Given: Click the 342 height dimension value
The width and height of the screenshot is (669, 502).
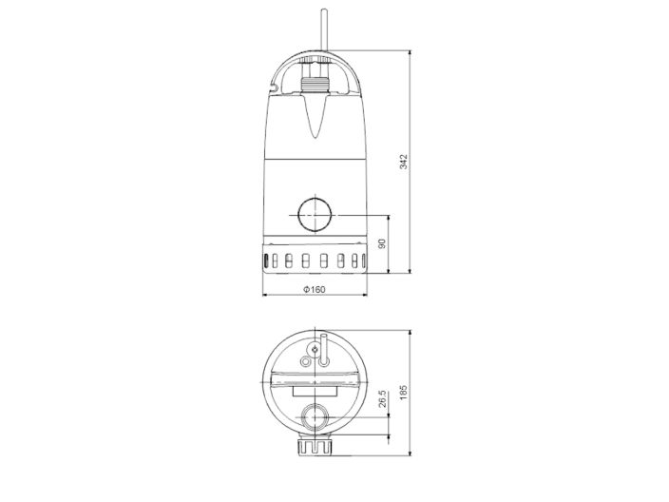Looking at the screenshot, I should (404, 162).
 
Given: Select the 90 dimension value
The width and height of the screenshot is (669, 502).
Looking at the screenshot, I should (382, 243).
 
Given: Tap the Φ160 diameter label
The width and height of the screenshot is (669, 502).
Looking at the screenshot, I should (314, 290).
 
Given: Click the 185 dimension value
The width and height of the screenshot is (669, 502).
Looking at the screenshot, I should (404, 394).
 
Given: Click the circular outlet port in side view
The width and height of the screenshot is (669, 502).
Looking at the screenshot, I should (314, 216).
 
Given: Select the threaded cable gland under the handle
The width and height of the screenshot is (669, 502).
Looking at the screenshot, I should (314, 85).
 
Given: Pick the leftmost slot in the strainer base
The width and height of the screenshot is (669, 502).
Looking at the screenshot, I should (272, 261).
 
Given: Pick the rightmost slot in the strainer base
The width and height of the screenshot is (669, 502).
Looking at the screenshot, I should (356, 261).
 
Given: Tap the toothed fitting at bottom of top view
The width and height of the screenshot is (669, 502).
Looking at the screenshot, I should (314, 448).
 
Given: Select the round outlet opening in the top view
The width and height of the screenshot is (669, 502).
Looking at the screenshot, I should (314, 415).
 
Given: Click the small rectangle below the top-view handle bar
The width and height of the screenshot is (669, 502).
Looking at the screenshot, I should (314, 389).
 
